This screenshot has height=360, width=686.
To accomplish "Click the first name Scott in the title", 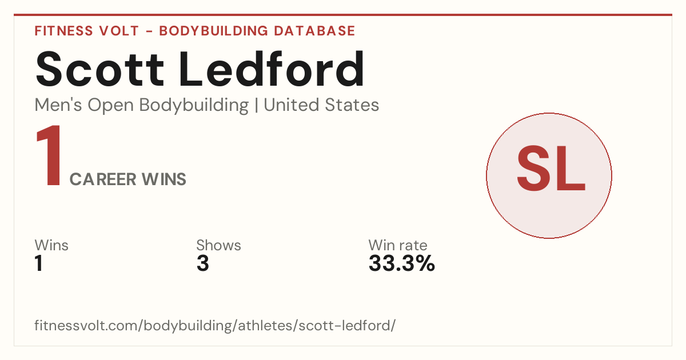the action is (x=100, y=69).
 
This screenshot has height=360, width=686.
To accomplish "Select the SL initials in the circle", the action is (x=551, y=169).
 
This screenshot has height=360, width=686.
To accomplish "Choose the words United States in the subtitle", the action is (x=321, y=105).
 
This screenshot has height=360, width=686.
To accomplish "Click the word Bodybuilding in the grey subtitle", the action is (x=194, y=106).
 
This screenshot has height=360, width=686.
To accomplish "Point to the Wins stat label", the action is (x=51, y=245).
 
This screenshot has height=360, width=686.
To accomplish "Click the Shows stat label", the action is (x=218, y=245).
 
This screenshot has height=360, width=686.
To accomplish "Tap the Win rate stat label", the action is (x=398, y=245).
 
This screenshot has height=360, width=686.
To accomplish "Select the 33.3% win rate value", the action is (x=402, y=263).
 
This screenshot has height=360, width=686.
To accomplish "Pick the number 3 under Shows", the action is (x=203, y=263).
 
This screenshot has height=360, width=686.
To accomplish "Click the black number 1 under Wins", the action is (x=39, y=263).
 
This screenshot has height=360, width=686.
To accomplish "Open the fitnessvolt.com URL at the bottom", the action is (x=215, y=326).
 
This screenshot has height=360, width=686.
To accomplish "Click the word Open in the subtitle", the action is (x=111, y=106).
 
